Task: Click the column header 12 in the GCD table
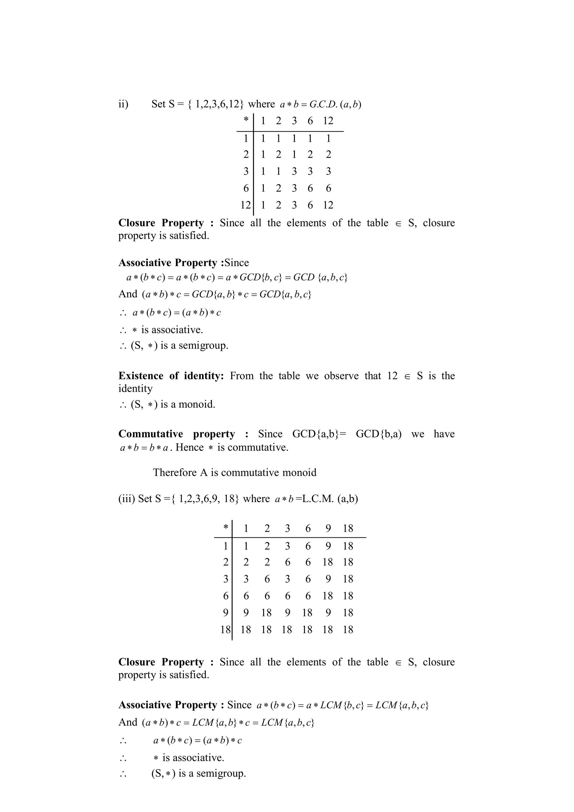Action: [x=328, y=121]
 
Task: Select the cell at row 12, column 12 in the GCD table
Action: [x=328, y=205]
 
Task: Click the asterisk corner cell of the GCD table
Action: [x=246, y=120]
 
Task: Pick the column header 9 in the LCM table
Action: [x=328, y=528]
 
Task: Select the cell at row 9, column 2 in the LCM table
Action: [x=266, y=613]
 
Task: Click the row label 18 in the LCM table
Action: [x=225, y=630]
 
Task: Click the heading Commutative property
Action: [x=177, y=434]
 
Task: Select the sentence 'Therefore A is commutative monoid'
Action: [x=235, y=472]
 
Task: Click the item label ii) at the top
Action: [x=123, y=104]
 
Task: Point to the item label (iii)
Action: [x=126, y=499]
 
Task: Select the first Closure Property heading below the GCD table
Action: [x=161, y=223]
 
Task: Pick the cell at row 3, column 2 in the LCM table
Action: [x=267, y=579]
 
